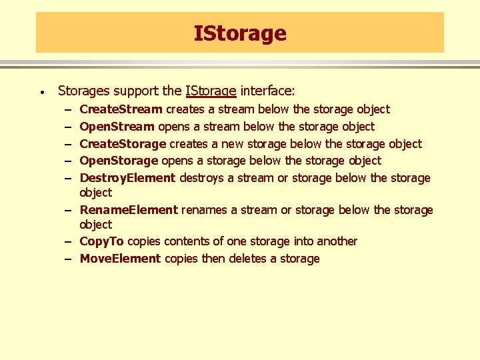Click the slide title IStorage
[240, 33]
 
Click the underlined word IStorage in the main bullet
[211, 91]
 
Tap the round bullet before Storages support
[41, 91]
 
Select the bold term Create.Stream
[121, 109]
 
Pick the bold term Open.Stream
[117, 127]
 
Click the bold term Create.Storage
[123, 143]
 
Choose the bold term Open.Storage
[119, 161]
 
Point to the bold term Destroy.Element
[127, 178]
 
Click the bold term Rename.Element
[129, 210]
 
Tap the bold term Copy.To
[101, 241]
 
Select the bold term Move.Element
[120, 259]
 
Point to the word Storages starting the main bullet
[84, 91]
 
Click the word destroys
[203, 178]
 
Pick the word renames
[204, 210]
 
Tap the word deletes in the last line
[248, 259]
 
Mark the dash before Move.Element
[69, 259]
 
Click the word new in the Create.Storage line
[233, 143]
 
